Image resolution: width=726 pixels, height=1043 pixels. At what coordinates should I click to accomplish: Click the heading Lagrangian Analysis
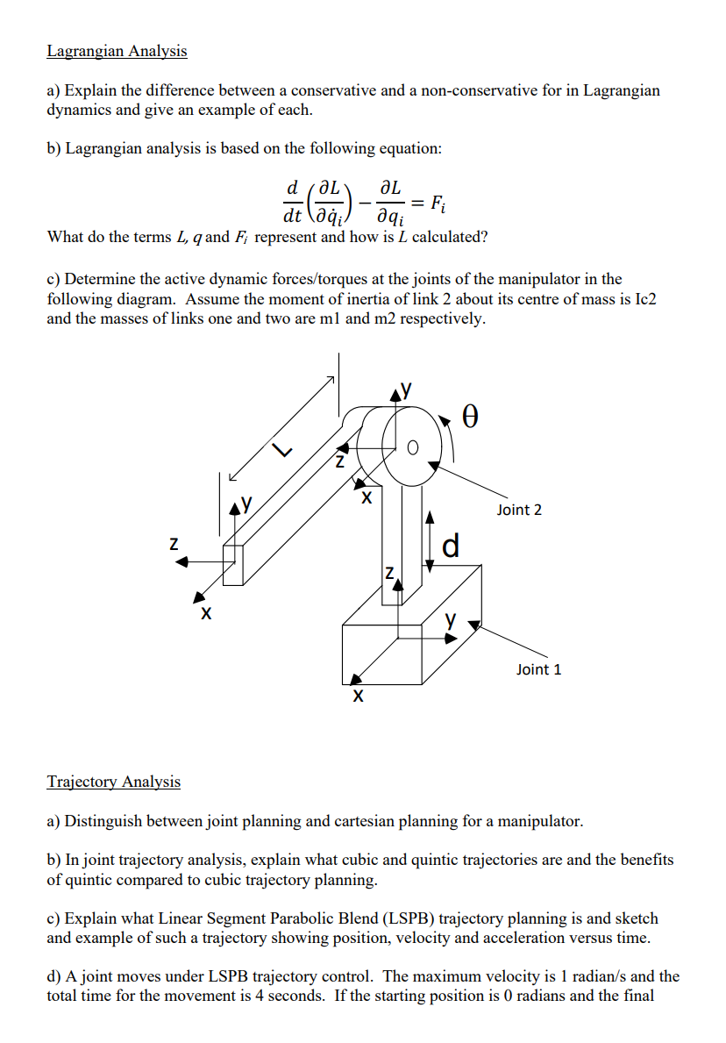[x=117, y=51]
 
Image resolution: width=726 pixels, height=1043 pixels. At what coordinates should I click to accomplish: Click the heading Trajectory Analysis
[x=113, y=782]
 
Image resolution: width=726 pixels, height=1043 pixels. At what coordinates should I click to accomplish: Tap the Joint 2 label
[x=519, y=510]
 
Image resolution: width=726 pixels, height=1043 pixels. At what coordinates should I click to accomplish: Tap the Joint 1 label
[x=539, y=669]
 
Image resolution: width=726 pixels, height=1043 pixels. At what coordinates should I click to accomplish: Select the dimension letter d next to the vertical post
[x=451, y=546]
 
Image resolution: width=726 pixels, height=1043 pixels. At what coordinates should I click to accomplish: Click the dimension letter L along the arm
[x=281, y=450]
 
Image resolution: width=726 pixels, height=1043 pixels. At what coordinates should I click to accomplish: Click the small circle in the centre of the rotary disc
[x=413, y=447]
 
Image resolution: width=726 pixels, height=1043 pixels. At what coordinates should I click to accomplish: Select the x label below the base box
[x=356, y=698]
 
